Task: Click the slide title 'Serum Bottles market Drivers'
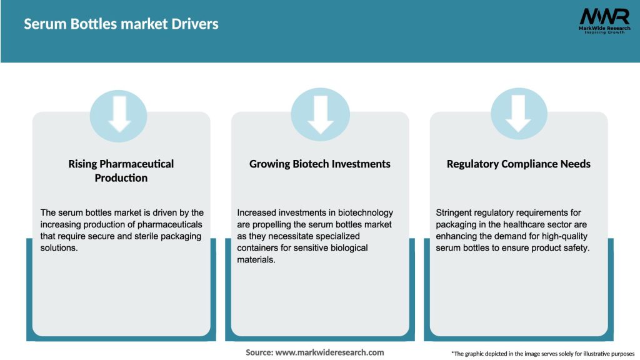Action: (121, 24)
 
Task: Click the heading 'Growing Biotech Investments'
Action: (320, 164)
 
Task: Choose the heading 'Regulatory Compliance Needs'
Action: (519, 164)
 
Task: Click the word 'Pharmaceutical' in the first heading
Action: (138, 164)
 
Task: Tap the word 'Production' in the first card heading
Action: (121, 178)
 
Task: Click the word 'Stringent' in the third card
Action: (456, 212)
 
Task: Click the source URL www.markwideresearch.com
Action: (329, 352)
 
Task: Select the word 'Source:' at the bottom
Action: (259, 352)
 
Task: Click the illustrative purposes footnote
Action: (542, 354)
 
